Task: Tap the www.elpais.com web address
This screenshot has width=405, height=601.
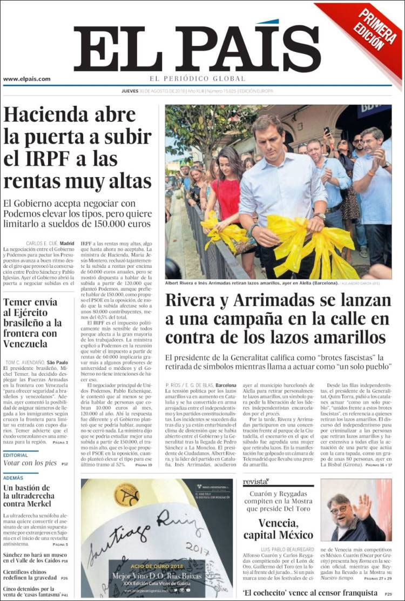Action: pyautogui.click(x=27, y=79)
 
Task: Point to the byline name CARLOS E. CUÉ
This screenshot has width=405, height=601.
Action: pyautogui.click(x=42, y=244)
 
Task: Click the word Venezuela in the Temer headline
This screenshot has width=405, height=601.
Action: pyautogui.click(x=25, y=344)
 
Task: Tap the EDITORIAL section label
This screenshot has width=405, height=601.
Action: pyautogui.click(x=17, y=455)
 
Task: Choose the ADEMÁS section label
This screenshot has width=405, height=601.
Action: pyautogui.click(x=13, y=478)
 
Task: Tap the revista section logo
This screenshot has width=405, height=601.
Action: pyautogui.click(x=255, y=482)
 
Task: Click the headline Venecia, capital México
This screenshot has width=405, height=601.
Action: pyautogui.click(x=278, y=529)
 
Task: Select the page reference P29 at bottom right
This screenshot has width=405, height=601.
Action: pyautogui.click(x=388, y=594)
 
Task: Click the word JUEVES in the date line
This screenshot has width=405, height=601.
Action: pyautogui.click(x=130, y=91)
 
